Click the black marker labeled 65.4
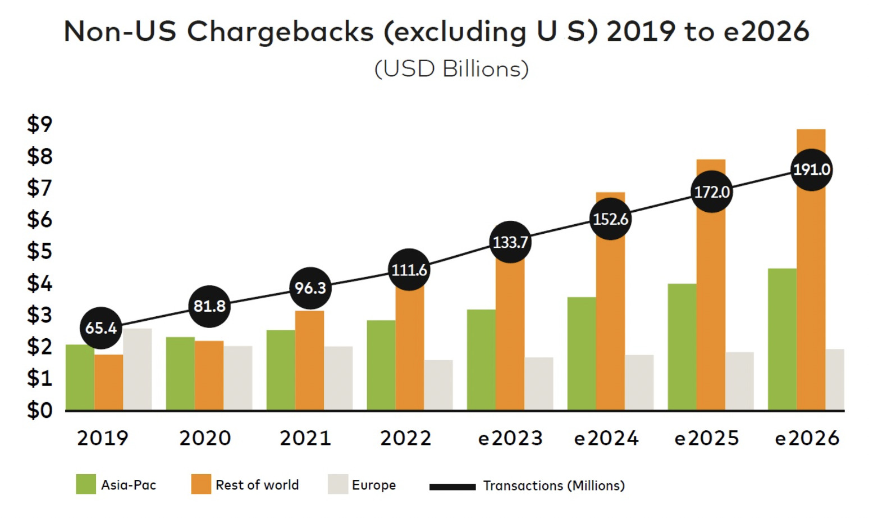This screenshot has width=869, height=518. [x=101, y=328]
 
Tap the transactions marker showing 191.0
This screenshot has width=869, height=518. [x=811, y=170]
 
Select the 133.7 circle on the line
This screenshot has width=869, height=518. [x=510, y=242]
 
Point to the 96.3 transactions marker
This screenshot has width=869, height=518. [x=310, y=288]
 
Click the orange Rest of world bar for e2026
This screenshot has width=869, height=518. [x=811, y=292]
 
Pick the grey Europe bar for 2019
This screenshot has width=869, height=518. [x=138, y=369]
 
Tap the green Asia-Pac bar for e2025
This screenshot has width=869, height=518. [x=682, y=347]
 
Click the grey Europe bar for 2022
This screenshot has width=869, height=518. [x=438, y=385]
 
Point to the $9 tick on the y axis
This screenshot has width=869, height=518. [x=39, y=124]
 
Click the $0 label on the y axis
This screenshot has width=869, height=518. [x=39, y=411]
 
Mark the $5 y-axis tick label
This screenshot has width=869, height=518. [x=39, y=251]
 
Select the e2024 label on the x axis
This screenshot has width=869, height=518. [x=606, y=438]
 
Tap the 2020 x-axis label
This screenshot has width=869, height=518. [x=205, y=438]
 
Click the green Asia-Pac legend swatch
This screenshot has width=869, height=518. [x=86, y=484]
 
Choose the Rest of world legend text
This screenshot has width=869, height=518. [x=257, y=485]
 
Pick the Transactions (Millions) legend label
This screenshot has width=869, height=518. [x=554, y=485]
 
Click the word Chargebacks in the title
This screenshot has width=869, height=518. [x=280, y=31]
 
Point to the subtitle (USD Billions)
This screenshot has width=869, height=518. [x=451, y=69]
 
